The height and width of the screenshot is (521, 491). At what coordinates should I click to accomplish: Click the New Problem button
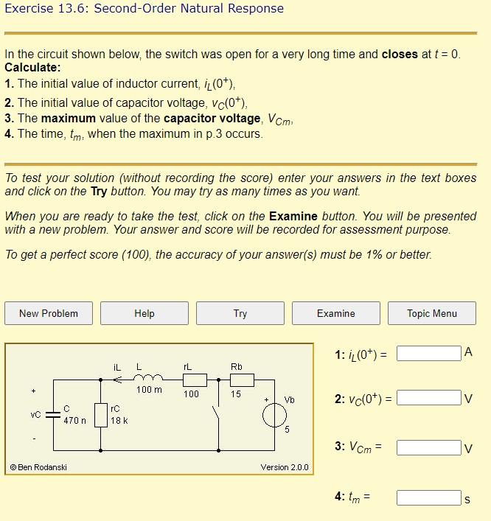tap(49, 313)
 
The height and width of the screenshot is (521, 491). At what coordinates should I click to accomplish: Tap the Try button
tap(240, 313)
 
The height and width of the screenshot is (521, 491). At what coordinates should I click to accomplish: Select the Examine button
tap(336, 313)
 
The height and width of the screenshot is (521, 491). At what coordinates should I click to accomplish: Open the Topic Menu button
tap(432, 313)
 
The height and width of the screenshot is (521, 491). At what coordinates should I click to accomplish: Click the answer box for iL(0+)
tap(429, 354)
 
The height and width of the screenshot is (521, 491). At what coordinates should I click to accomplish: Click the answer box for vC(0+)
tap(429, 399)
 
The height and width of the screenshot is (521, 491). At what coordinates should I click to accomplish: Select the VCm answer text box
tap(429, 447)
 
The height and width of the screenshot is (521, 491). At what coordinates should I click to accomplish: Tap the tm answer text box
tap(429, 497)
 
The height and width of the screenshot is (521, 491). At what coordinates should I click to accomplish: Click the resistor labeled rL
tap(194, 380)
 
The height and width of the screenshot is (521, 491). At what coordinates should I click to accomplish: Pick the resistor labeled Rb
tap(241, 380)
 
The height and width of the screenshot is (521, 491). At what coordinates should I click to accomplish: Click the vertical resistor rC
tap(101, 415)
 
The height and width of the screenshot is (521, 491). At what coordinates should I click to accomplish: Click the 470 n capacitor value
tap(74, 421)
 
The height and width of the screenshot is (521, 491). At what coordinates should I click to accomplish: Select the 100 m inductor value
tap(150, 390)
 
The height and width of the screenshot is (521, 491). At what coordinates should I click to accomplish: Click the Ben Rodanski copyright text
tap(38, 467)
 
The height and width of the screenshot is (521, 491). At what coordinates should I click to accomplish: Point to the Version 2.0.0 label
tap(285, 467)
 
